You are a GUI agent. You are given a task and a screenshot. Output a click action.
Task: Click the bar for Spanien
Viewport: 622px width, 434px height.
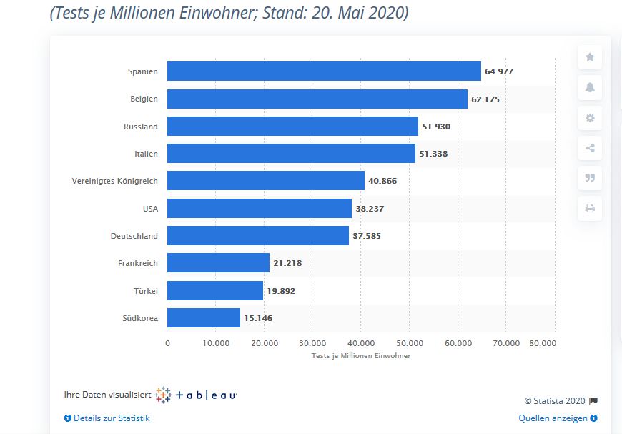[x=324, y=71]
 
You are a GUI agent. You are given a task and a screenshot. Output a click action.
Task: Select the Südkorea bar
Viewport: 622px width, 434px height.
[x=204, y=318]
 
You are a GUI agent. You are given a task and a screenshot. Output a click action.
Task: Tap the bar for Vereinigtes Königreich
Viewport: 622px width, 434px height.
[x=265, y=181]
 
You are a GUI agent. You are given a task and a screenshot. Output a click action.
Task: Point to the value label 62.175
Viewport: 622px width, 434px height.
[x=485, y=99]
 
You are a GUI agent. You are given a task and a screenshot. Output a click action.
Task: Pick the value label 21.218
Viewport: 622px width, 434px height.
[x=287, y=263]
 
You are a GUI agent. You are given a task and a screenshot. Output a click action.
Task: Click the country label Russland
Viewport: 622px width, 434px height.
[x=141, y=127]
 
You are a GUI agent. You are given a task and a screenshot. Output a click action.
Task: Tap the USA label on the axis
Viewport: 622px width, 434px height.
[x=150, y=209]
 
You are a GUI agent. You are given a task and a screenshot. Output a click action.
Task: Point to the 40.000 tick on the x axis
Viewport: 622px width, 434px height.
[x=361, y=343]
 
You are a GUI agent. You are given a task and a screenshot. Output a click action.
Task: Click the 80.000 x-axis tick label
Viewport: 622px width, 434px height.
[x=543, y=343]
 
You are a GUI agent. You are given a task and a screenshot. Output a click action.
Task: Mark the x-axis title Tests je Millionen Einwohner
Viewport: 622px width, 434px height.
[x=361, y=356]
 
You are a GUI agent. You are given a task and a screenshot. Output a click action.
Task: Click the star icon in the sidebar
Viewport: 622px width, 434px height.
[x=590, y=57]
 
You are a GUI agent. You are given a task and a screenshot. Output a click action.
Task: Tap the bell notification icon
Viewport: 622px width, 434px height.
[x=590, y=88]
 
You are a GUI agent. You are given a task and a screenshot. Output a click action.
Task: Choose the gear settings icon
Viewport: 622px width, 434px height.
[x=590, y=118]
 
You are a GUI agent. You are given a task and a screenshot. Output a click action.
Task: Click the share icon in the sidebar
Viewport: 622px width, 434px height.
[x=590, y=148]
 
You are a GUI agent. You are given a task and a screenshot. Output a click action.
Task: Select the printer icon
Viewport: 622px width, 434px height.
[x=590, y=209]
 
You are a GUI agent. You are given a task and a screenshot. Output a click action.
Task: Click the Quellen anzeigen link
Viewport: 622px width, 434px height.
[x=554, y=418]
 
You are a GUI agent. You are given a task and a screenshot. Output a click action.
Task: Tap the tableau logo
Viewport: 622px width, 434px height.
[x=196, y=395]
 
